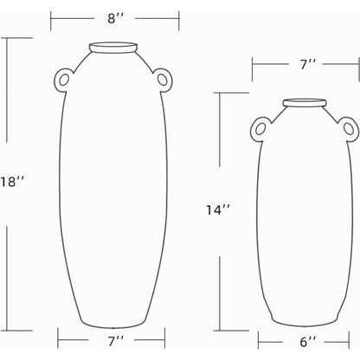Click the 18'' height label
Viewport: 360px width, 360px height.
click(x=11, y=183)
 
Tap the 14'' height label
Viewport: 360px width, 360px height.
click(x=218, y=210)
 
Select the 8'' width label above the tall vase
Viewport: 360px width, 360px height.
click(x=115, y=19)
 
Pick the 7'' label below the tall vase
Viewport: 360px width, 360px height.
click(x=116, y=342)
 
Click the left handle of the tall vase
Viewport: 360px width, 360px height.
click(x=61, y=80)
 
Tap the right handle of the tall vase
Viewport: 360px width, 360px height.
click(x=164, y=80)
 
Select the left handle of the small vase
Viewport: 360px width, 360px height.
click(x=259, y=129)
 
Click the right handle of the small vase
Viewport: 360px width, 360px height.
click(x=350, y=129)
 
